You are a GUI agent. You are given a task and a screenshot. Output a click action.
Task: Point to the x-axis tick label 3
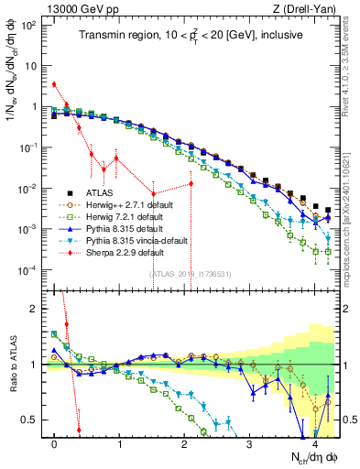(250, 443)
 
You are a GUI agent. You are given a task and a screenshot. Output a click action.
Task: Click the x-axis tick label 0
(55, 443)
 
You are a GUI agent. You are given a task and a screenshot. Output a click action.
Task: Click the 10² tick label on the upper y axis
(30, 25)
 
